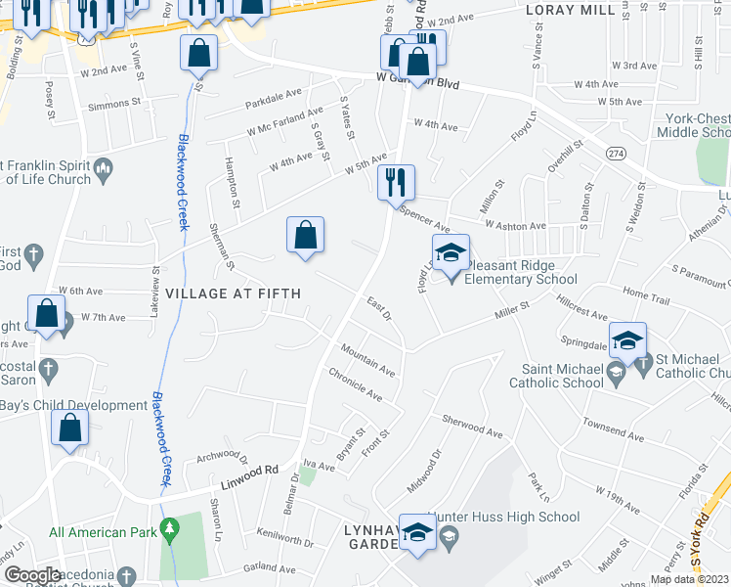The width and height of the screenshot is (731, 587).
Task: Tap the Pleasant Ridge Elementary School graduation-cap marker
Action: (451, 253)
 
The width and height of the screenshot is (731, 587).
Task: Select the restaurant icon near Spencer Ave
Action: (397, 183)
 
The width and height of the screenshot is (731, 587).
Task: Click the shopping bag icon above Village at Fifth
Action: (305, 236)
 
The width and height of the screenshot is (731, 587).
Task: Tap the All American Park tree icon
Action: (170, 532)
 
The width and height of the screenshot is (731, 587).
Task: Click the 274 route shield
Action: (616, 154)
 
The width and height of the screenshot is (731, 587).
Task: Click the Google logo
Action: (32, 574)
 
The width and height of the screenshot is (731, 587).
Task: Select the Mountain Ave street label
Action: (367, 361)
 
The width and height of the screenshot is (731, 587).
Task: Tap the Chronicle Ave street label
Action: (356, 384)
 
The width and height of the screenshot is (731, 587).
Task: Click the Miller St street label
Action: (511, 312)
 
